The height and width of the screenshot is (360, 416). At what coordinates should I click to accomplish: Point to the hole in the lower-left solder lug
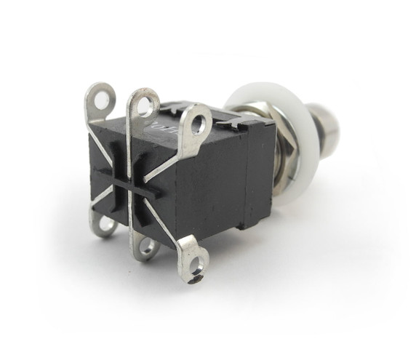pos(105,224)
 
